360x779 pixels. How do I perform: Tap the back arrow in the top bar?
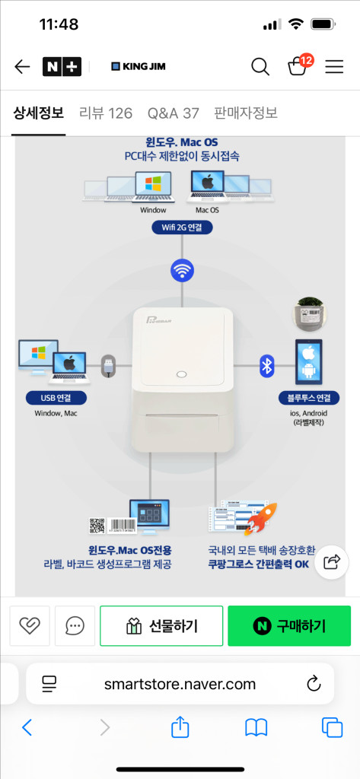22,67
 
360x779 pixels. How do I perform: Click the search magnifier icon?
260,67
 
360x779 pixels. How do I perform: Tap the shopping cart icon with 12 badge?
298,66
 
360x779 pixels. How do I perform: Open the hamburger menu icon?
334,67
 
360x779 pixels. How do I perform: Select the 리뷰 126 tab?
106,113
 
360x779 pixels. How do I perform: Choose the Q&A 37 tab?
173,113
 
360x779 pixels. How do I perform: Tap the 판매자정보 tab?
246,113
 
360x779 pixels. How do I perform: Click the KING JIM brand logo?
139,67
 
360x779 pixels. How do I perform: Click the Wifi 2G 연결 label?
182,227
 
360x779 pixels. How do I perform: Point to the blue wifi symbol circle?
182,270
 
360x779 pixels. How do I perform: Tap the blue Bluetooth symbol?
266,365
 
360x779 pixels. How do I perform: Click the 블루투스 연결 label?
309,398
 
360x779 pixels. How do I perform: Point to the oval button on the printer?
181,374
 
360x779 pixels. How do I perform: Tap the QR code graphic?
97,525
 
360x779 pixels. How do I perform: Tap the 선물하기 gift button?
161,626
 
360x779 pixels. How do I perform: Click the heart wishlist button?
30,626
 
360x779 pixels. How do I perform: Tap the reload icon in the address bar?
314,683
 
